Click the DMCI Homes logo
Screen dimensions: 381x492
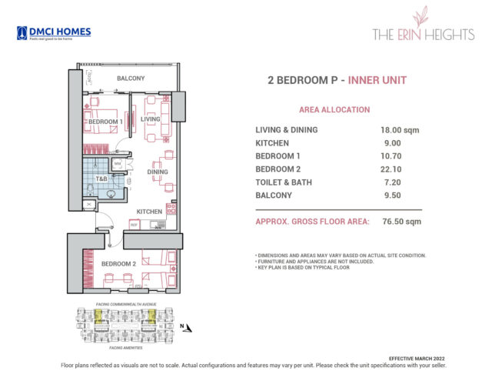[53, 33]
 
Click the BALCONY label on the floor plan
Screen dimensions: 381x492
[131, 79]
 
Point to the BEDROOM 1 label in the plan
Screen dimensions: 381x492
[105, 122]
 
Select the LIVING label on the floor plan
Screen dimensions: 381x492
[150, 119]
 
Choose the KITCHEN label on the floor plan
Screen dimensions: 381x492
[149, 211]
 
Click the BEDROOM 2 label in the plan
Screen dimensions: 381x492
[118, 264]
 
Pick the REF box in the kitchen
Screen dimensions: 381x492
[134, 225]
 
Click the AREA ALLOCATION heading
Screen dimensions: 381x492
[334, 110]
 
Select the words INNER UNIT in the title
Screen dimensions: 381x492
[377, 80]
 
